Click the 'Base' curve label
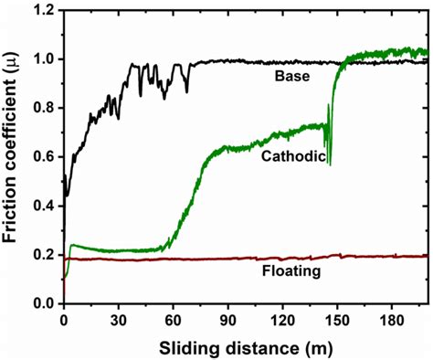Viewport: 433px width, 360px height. click(291, 77)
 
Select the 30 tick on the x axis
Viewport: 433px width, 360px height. click(118, 320)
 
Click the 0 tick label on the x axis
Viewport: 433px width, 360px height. click(63, 320)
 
